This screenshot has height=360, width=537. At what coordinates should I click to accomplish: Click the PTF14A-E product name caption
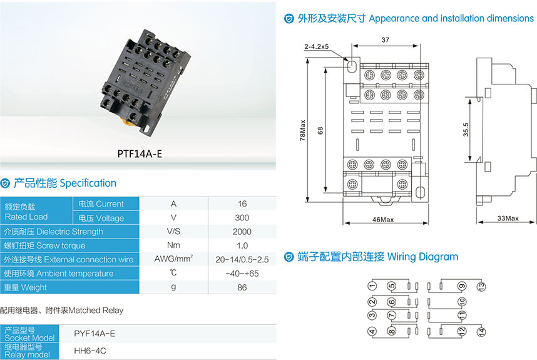[x=140, y=153]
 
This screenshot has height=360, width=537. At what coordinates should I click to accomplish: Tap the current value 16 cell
[x=242, y=203]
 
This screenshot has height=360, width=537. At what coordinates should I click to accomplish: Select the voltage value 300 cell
[x=242, y=218]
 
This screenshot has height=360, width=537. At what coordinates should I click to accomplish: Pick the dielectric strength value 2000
[x=242, y=232]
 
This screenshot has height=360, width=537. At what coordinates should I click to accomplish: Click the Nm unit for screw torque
[x=173, y=245]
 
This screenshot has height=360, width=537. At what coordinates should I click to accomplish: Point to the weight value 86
[x=242, y=287]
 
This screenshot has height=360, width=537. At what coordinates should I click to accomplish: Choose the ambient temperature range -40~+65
[x=242, y=274]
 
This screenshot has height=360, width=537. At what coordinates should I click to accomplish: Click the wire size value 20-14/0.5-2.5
[x=242, y=259]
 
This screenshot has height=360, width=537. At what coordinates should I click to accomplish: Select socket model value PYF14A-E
[x=95, y=333]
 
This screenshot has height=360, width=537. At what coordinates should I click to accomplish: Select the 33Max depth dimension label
[x=508, y=219]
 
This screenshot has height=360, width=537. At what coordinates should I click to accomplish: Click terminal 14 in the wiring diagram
[x=481, y=332]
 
